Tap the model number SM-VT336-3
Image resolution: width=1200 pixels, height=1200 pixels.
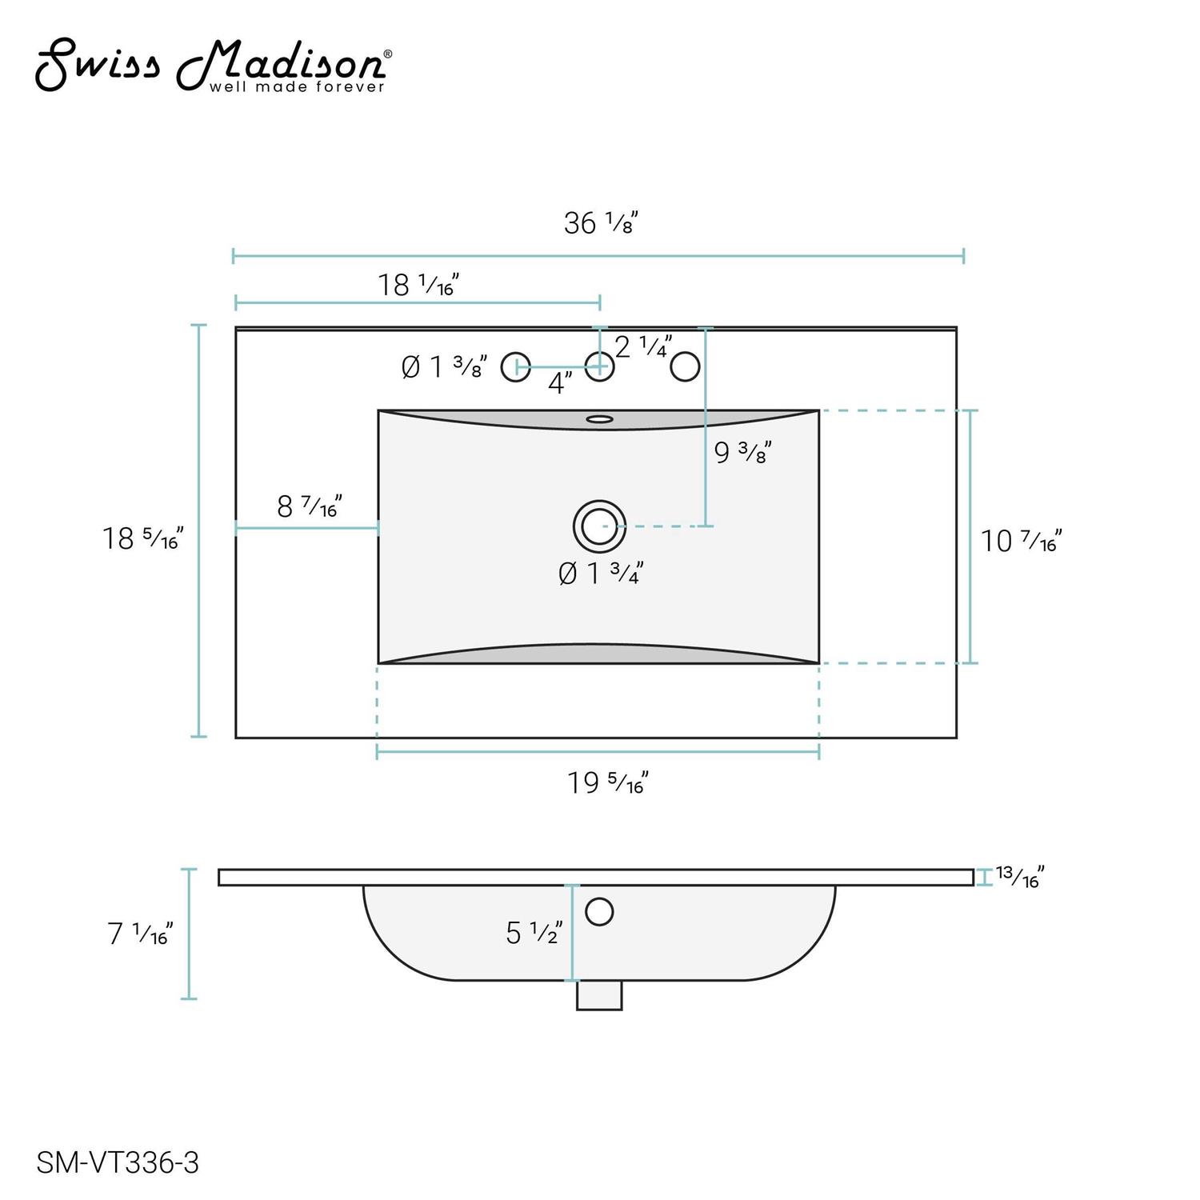118,1162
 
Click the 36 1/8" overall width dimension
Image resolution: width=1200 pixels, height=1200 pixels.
601,222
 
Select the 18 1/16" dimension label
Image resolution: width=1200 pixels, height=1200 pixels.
418,285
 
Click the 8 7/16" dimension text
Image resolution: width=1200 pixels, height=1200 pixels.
310,506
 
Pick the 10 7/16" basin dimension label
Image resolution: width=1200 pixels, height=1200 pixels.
1022,542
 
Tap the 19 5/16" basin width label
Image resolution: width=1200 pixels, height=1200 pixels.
608,782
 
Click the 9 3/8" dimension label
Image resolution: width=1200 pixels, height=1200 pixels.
742,453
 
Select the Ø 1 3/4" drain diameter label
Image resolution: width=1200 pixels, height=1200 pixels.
601,573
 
